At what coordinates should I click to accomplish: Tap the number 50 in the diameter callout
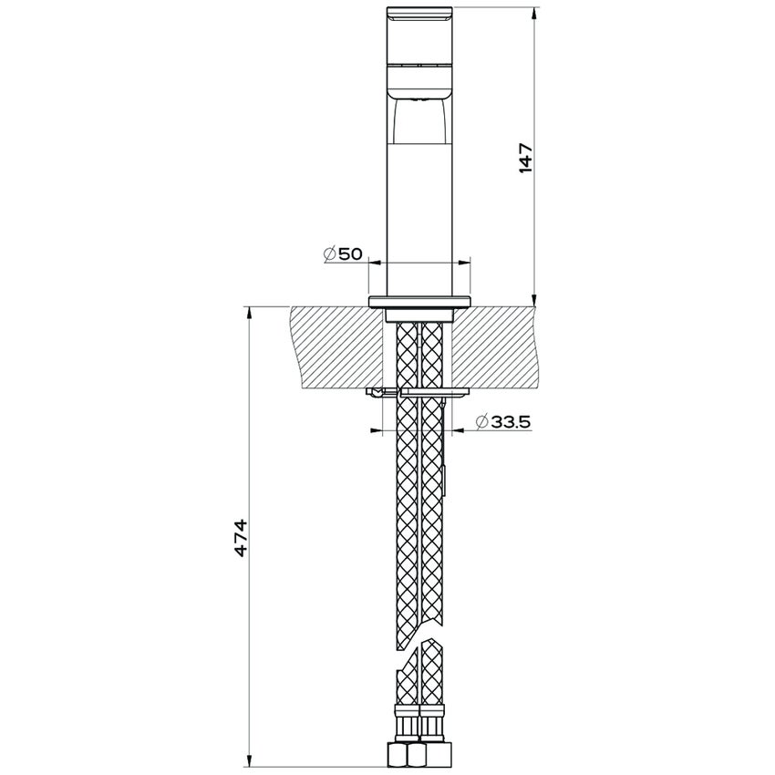click(350, 254)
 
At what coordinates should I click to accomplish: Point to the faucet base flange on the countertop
click(419, 301)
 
